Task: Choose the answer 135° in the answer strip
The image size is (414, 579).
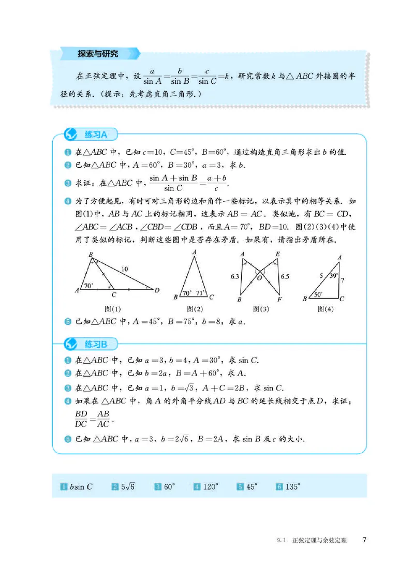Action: [292, 487]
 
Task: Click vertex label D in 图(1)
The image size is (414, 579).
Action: [157, 290]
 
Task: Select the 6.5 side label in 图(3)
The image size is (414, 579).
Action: [285, 277]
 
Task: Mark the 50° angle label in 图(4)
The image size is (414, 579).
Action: [317, 294]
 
